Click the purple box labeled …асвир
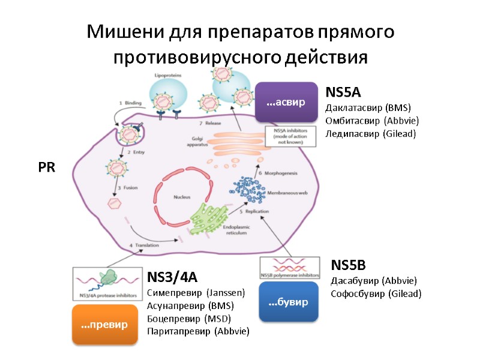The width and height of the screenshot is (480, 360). (x=286, y=103)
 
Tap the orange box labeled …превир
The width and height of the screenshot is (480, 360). (x=104, y=325)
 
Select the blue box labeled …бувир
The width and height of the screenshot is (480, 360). (x=288, y=302)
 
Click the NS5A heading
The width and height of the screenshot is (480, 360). (x=342, y=92)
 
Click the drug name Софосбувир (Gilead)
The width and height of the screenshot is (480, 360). (x=376, y=293)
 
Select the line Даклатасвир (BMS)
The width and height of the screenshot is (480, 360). (x=367, y=108)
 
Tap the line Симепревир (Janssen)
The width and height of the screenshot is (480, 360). (x=196, y=293)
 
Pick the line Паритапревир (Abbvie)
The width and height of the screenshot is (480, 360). (x=198, y=331)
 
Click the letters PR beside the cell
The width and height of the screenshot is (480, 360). (x=46, y=168)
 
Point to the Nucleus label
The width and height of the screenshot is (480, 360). (x=181, y=197)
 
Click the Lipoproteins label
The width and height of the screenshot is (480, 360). (x=168, y=76)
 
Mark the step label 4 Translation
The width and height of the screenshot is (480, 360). (x=146, y=245)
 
